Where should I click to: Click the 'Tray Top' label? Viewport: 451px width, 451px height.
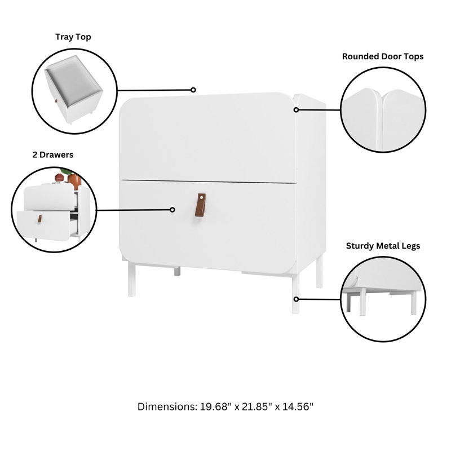point(73,37)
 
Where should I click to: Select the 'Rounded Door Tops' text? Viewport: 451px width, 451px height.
point(383,56)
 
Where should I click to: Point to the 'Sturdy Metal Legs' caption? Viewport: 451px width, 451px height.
point(383,246)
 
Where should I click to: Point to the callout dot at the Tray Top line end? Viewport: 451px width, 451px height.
point(193,90)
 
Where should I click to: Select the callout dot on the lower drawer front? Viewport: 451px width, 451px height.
point(173,210)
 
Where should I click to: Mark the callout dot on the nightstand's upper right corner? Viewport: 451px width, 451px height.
point(295,109)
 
